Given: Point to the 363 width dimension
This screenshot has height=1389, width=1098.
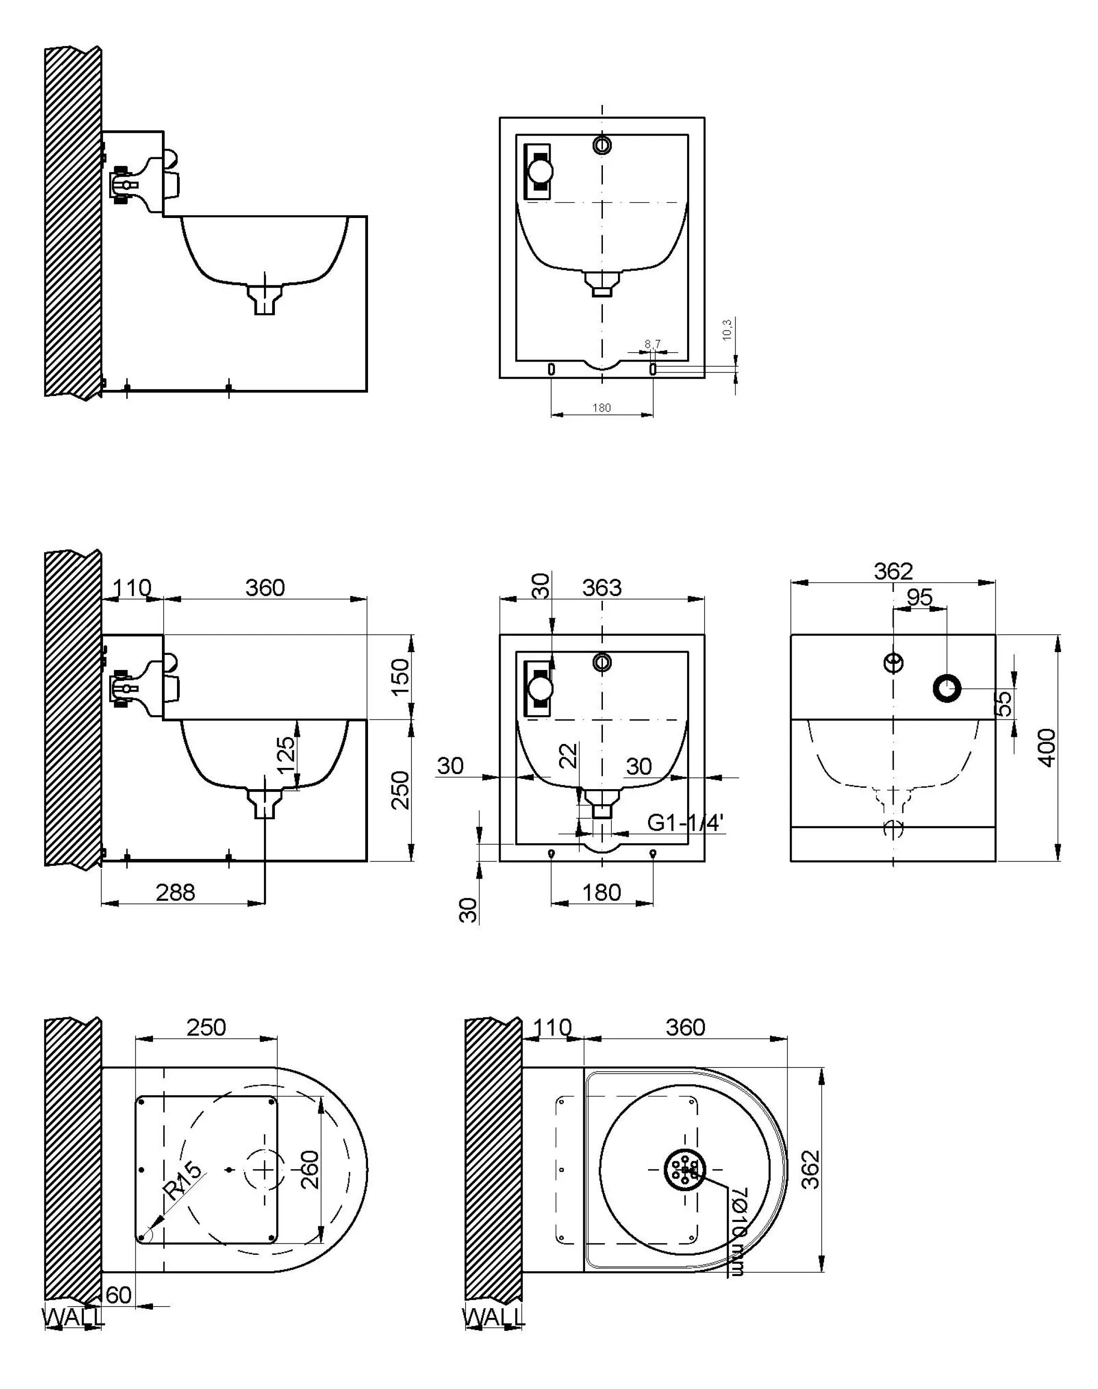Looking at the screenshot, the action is pos(602,587).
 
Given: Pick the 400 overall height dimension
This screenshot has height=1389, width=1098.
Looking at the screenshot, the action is pos(1047,747).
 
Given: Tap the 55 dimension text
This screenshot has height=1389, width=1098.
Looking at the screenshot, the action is pos(1004,703).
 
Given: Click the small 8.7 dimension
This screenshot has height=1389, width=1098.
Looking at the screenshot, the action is pos(652,345).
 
